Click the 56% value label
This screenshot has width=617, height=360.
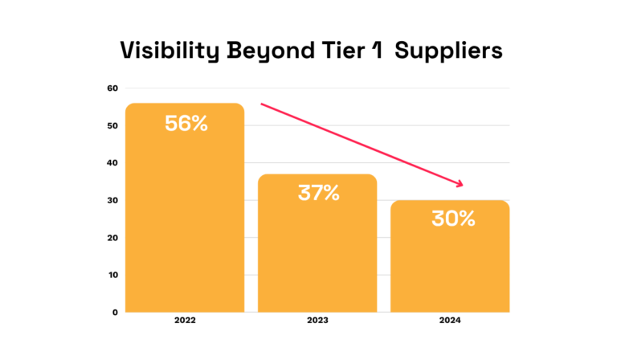point(186,124)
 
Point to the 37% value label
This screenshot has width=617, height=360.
point(317,194)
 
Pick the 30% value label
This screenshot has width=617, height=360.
point(451,218)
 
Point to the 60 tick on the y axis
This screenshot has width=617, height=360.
point(112,88)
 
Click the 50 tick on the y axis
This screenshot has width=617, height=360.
point(112,126)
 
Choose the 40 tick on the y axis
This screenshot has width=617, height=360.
point(112,163)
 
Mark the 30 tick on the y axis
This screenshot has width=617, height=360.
point(112,200)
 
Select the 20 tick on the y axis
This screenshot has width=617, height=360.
point(112,238)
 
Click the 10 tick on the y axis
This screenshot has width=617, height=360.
point(112,275)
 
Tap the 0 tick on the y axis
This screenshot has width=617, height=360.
point(114,312)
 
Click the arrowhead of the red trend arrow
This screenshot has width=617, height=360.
point(460,184)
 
